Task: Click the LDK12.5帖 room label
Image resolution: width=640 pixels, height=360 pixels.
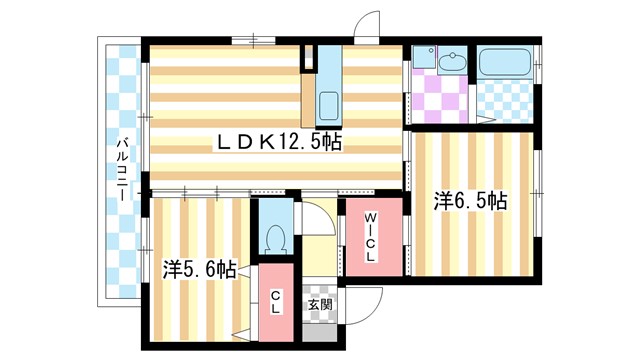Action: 279,143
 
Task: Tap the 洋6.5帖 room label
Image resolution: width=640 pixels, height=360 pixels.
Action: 470,201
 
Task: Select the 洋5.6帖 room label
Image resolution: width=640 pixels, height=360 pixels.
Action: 199,269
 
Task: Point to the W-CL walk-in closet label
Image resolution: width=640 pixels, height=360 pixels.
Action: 370,238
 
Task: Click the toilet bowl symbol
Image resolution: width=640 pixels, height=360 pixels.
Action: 277,236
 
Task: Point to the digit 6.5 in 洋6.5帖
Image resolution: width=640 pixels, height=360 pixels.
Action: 470,201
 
